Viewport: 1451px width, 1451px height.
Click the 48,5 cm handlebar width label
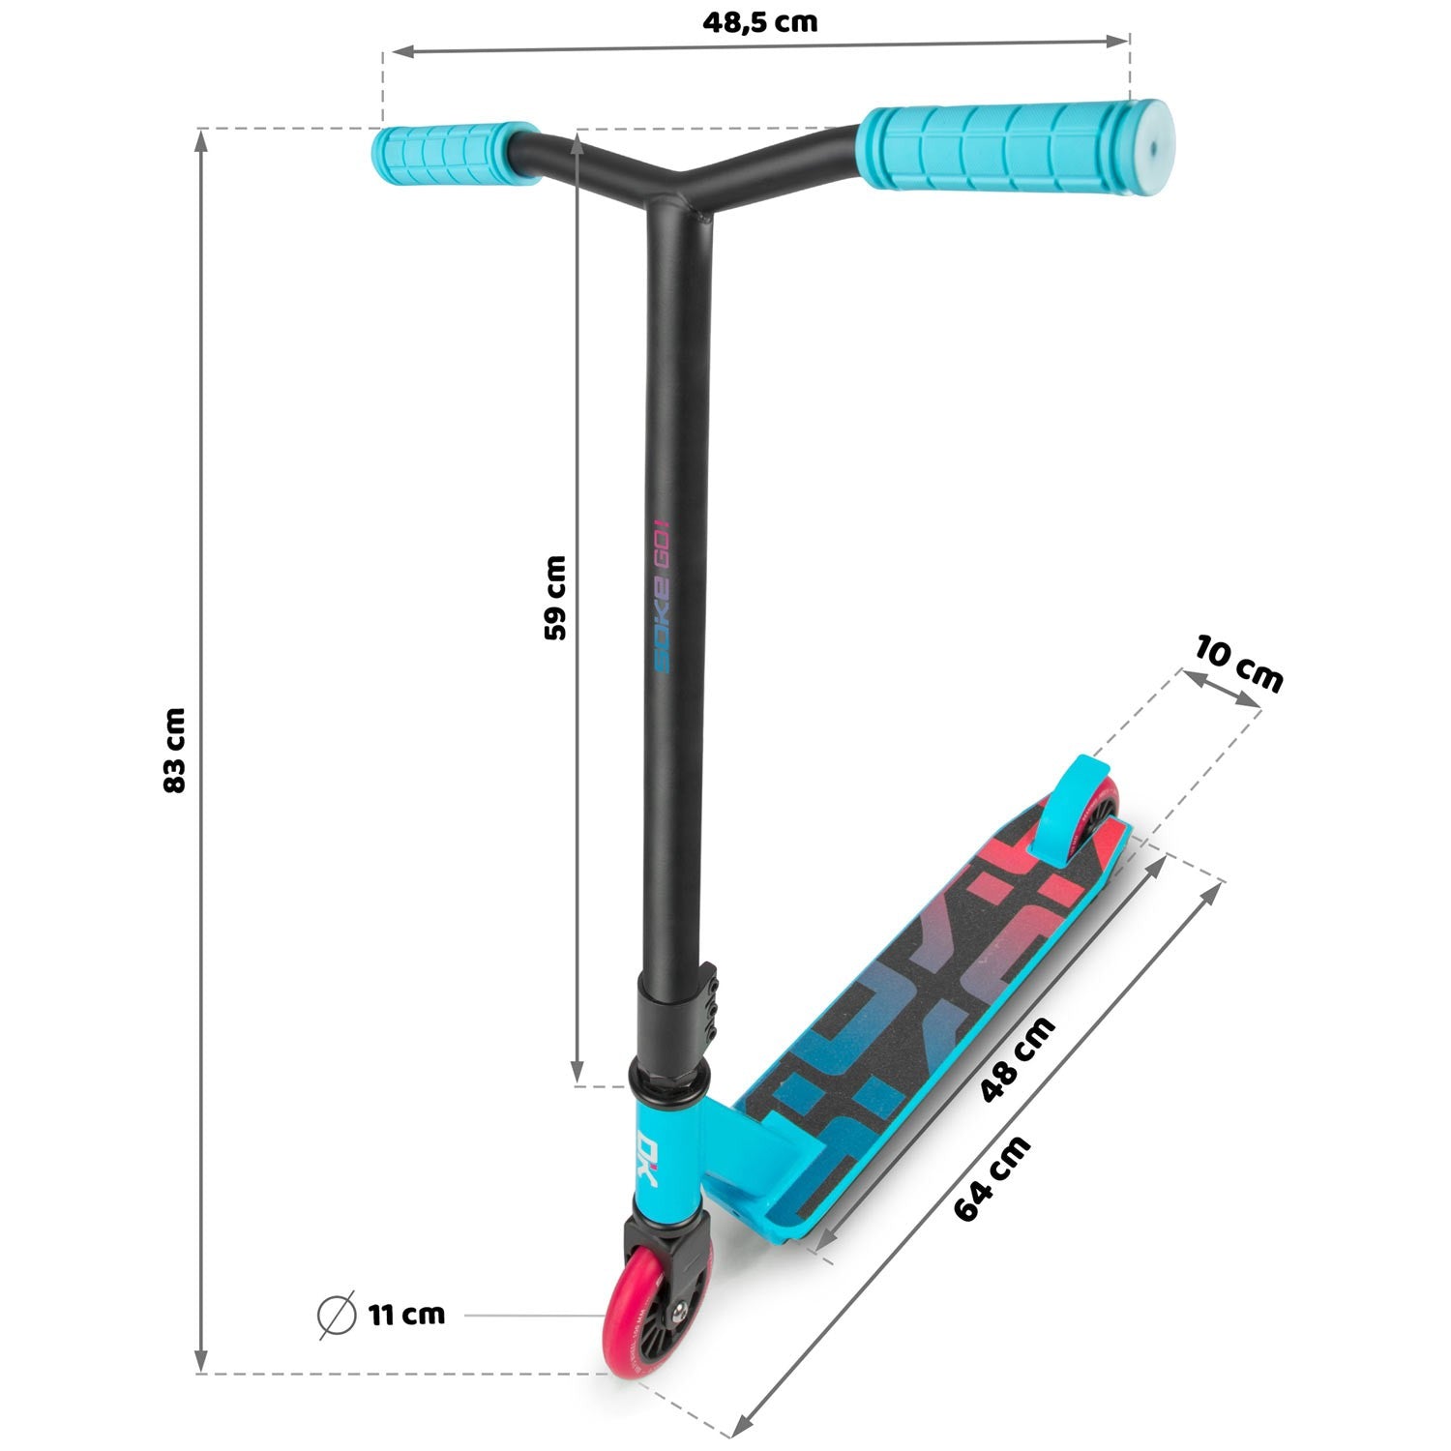pos(759,21)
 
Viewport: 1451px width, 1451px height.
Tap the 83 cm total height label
pos(174,751)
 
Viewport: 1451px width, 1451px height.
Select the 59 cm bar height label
pos(555,598)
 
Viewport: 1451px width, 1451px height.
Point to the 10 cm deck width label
pos(1238,664)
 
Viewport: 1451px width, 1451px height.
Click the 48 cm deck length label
pos(1018,1059)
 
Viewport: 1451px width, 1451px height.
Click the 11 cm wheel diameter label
pos(406,1315)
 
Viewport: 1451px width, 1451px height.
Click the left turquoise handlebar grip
pos(455,152)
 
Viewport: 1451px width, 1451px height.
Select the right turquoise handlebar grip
pos(1016,147)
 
